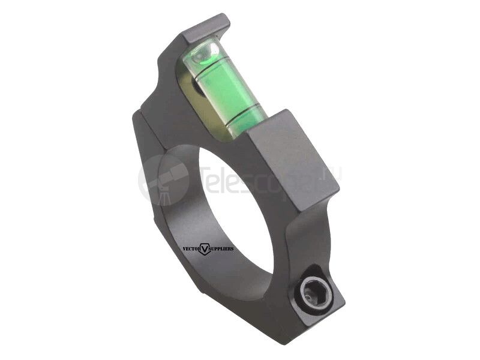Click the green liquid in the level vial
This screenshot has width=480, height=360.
(225, 90)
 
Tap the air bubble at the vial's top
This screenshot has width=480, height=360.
(207, 54)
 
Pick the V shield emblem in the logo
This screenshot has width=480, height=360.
(205, 248)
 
